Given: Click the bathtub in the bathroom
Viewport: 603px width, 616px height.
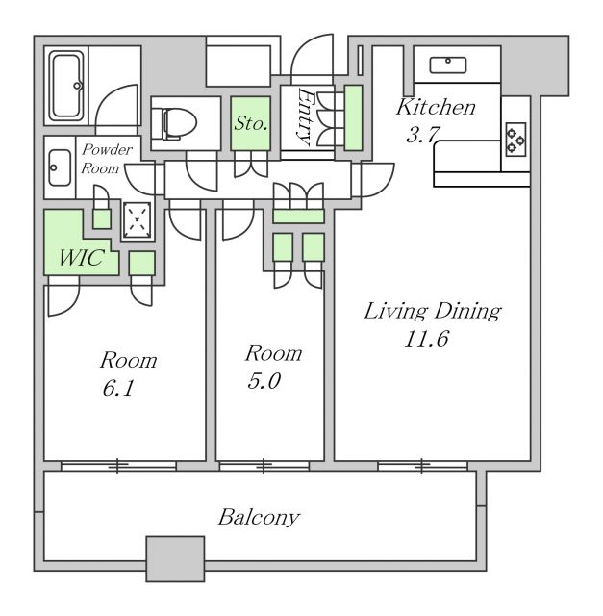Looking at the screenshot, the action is coord(66,86).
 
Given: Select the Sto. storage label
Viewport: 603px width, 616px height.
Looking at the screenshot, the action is coord(251,123).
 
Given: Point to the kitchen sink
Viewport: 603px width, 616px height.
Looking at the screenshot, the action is coord(448,64).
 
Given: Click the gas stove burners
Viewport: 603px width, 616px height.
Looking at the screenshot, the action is coord(515,140).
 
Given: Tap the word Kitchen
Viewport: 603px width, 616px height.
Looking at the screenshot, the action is coord(436,107).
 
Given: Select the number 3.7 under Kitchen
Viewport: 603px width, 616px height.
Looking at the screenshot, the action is coord(422,135).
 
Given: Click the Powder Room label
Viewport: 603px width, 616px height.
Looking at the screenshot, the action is coord(106,159).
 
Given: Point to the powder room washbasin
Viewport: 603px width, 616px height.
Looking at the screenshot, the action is coord(60,167).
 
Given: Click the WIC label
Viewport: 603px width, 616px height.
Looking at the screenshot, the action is coord(82,258).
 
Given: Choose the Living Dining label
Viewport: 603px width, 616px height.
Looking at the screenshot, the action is coord(433,311).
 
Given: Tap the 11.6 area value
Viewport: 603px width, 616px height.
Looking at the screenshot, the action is coord(426,338).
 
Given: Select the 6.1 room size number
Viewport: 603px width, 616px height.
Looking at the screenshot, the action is coord(117,388).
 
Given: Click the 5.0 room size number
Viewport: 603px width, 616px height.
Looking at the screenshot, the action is coord(264,381).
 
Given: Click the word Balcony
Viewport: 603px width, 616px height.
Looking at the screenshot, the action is coord(259,517).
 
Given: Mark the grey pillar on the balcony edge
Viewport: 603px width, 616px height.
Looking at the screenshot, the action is coord(175,558).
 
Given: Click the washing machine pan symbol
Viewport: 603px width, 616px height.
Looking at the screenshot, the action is coord(137,220).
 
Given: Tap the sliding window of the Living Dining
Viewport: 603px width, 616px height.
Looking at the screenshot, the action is coord(422,466).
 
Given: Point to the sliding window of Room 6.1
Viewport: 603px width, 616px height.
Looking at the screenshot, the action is coord(118,466).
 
